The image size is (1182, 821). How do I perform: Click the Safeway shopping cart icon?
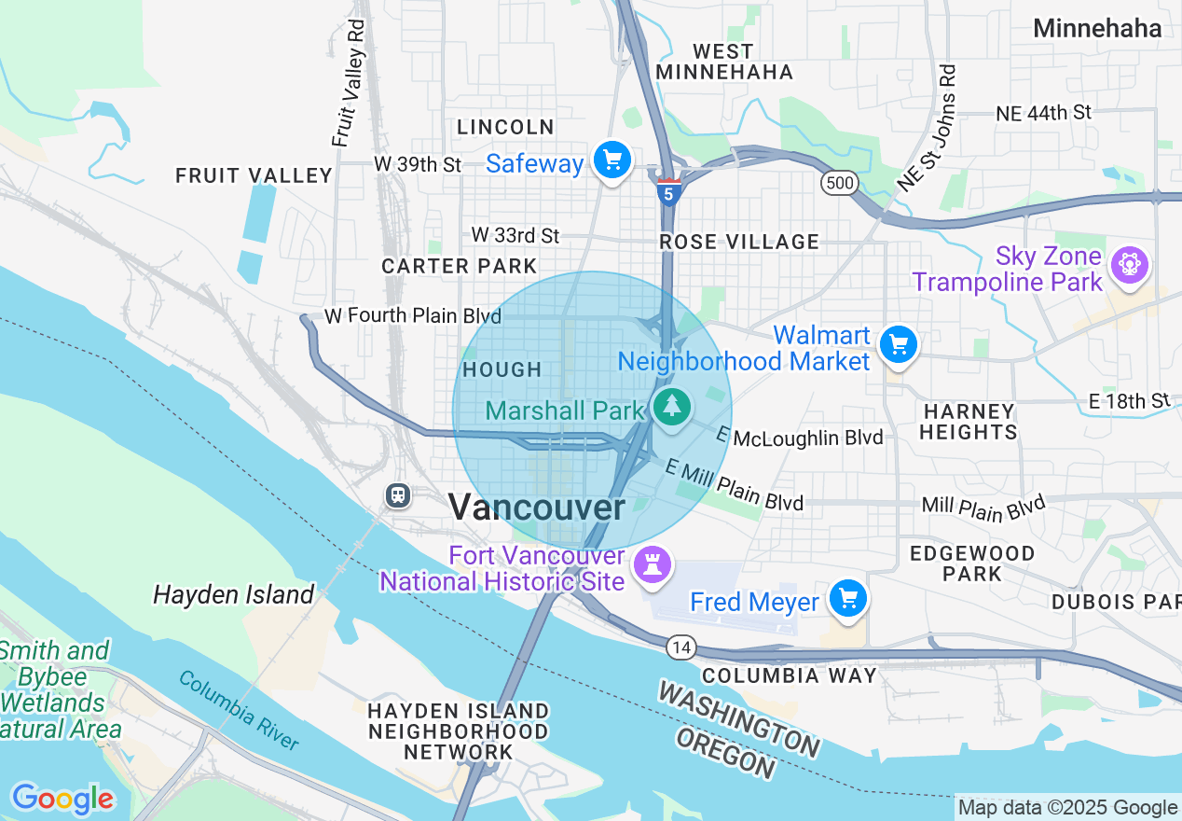click(x=612, y=161)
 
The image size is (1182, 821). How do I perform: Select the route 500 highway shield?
click(x=839, y=183)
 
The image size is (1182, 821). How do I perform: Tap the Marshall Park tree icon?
click(x=670, y=408)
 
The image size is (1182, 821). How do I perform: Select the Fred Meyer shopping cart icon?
click(x=847, y=599)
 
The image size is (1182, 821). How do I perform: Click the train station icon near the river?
click(x=398, y=494)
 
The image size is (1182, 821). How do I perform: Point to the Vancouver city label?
click(x=537, y=508)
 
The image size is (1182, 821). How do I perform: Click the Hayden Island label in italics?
click(x=233, y=594)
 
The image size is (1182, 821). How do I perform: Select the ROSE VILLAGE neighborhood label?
click(x=738, y=242)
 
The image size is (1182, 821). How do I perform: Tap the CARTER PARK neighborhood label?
click(x=459, y=266)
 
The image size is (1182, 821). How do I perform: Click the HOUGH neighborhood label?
click(x=502, y=369)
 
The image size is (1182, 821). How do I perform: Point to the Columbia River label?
click(x=240, y=710)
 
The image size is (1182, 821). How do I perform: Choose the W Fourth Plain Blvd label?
click(x=413, y=316)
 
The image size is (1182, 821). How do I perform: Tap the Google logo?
click(x=62, y=799)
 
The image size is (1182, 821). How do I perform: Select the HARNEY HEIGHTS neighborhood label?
click(x=969, y=422)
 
